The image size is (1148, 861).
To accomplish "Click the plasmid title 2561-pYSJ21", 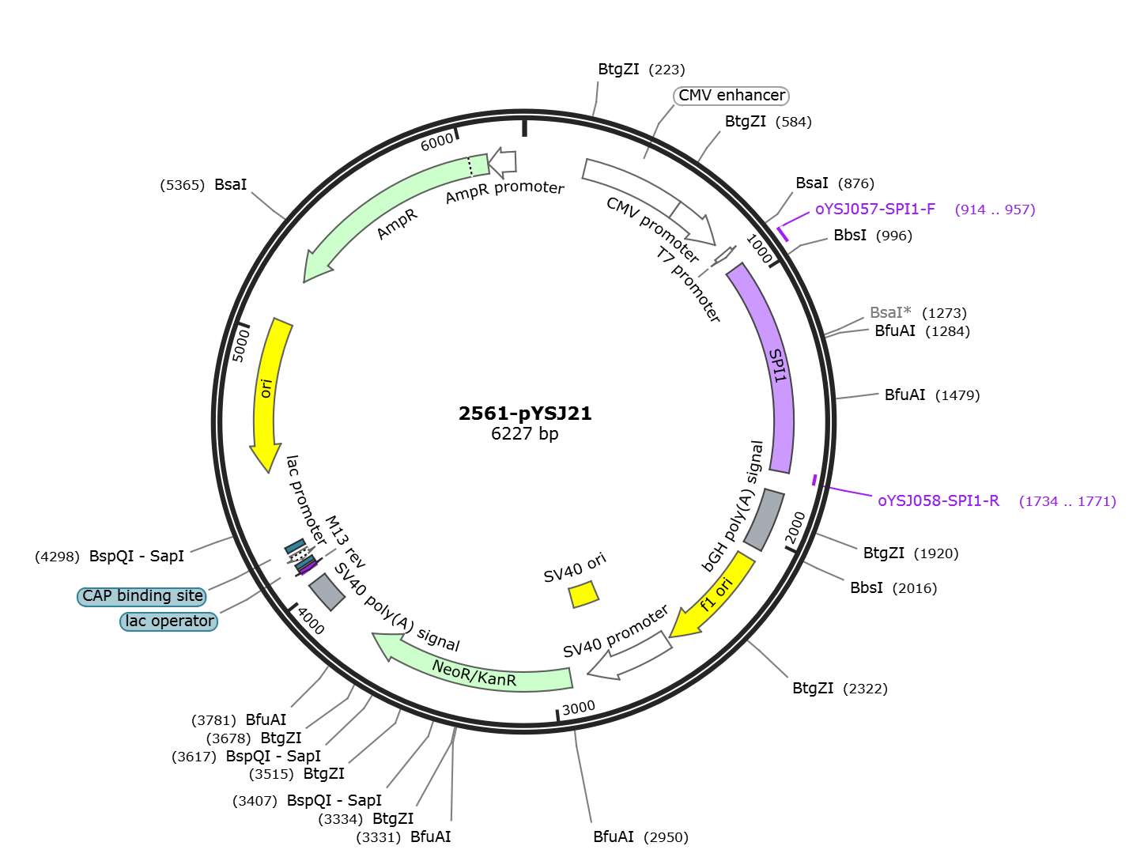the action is click(x=524, y=414).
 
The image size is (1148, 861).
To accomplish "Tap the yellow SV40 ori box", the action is click(x=583, y=595).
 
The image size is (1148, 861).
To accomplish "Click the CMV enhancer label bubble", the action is click(x=731, y=96).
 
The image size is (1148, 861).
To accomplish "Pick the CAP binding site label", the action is click(x=142, y=596).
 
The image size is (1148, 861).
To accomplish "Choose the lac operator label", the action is click(x=169, y=621).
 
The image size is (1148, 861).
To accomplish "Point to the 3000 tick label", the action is click(x=579, y=708).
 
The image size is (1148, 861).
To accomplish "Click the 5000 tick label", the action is click(x=240, y=346).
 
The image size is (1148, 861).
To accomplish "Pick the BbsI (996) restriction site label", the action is click(x=872, y=236).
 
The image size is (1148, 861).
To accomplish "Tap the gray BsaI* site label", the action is click(x=890, y=312).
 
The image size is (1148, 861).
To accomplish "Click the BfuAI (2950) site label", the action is click(x=640, y=837).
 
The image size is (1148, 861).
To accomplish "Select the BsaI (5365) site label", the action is click(x=203, y=184).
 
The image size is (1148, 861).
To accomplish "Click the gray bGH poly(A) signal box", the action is click(x=764, y=519).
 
